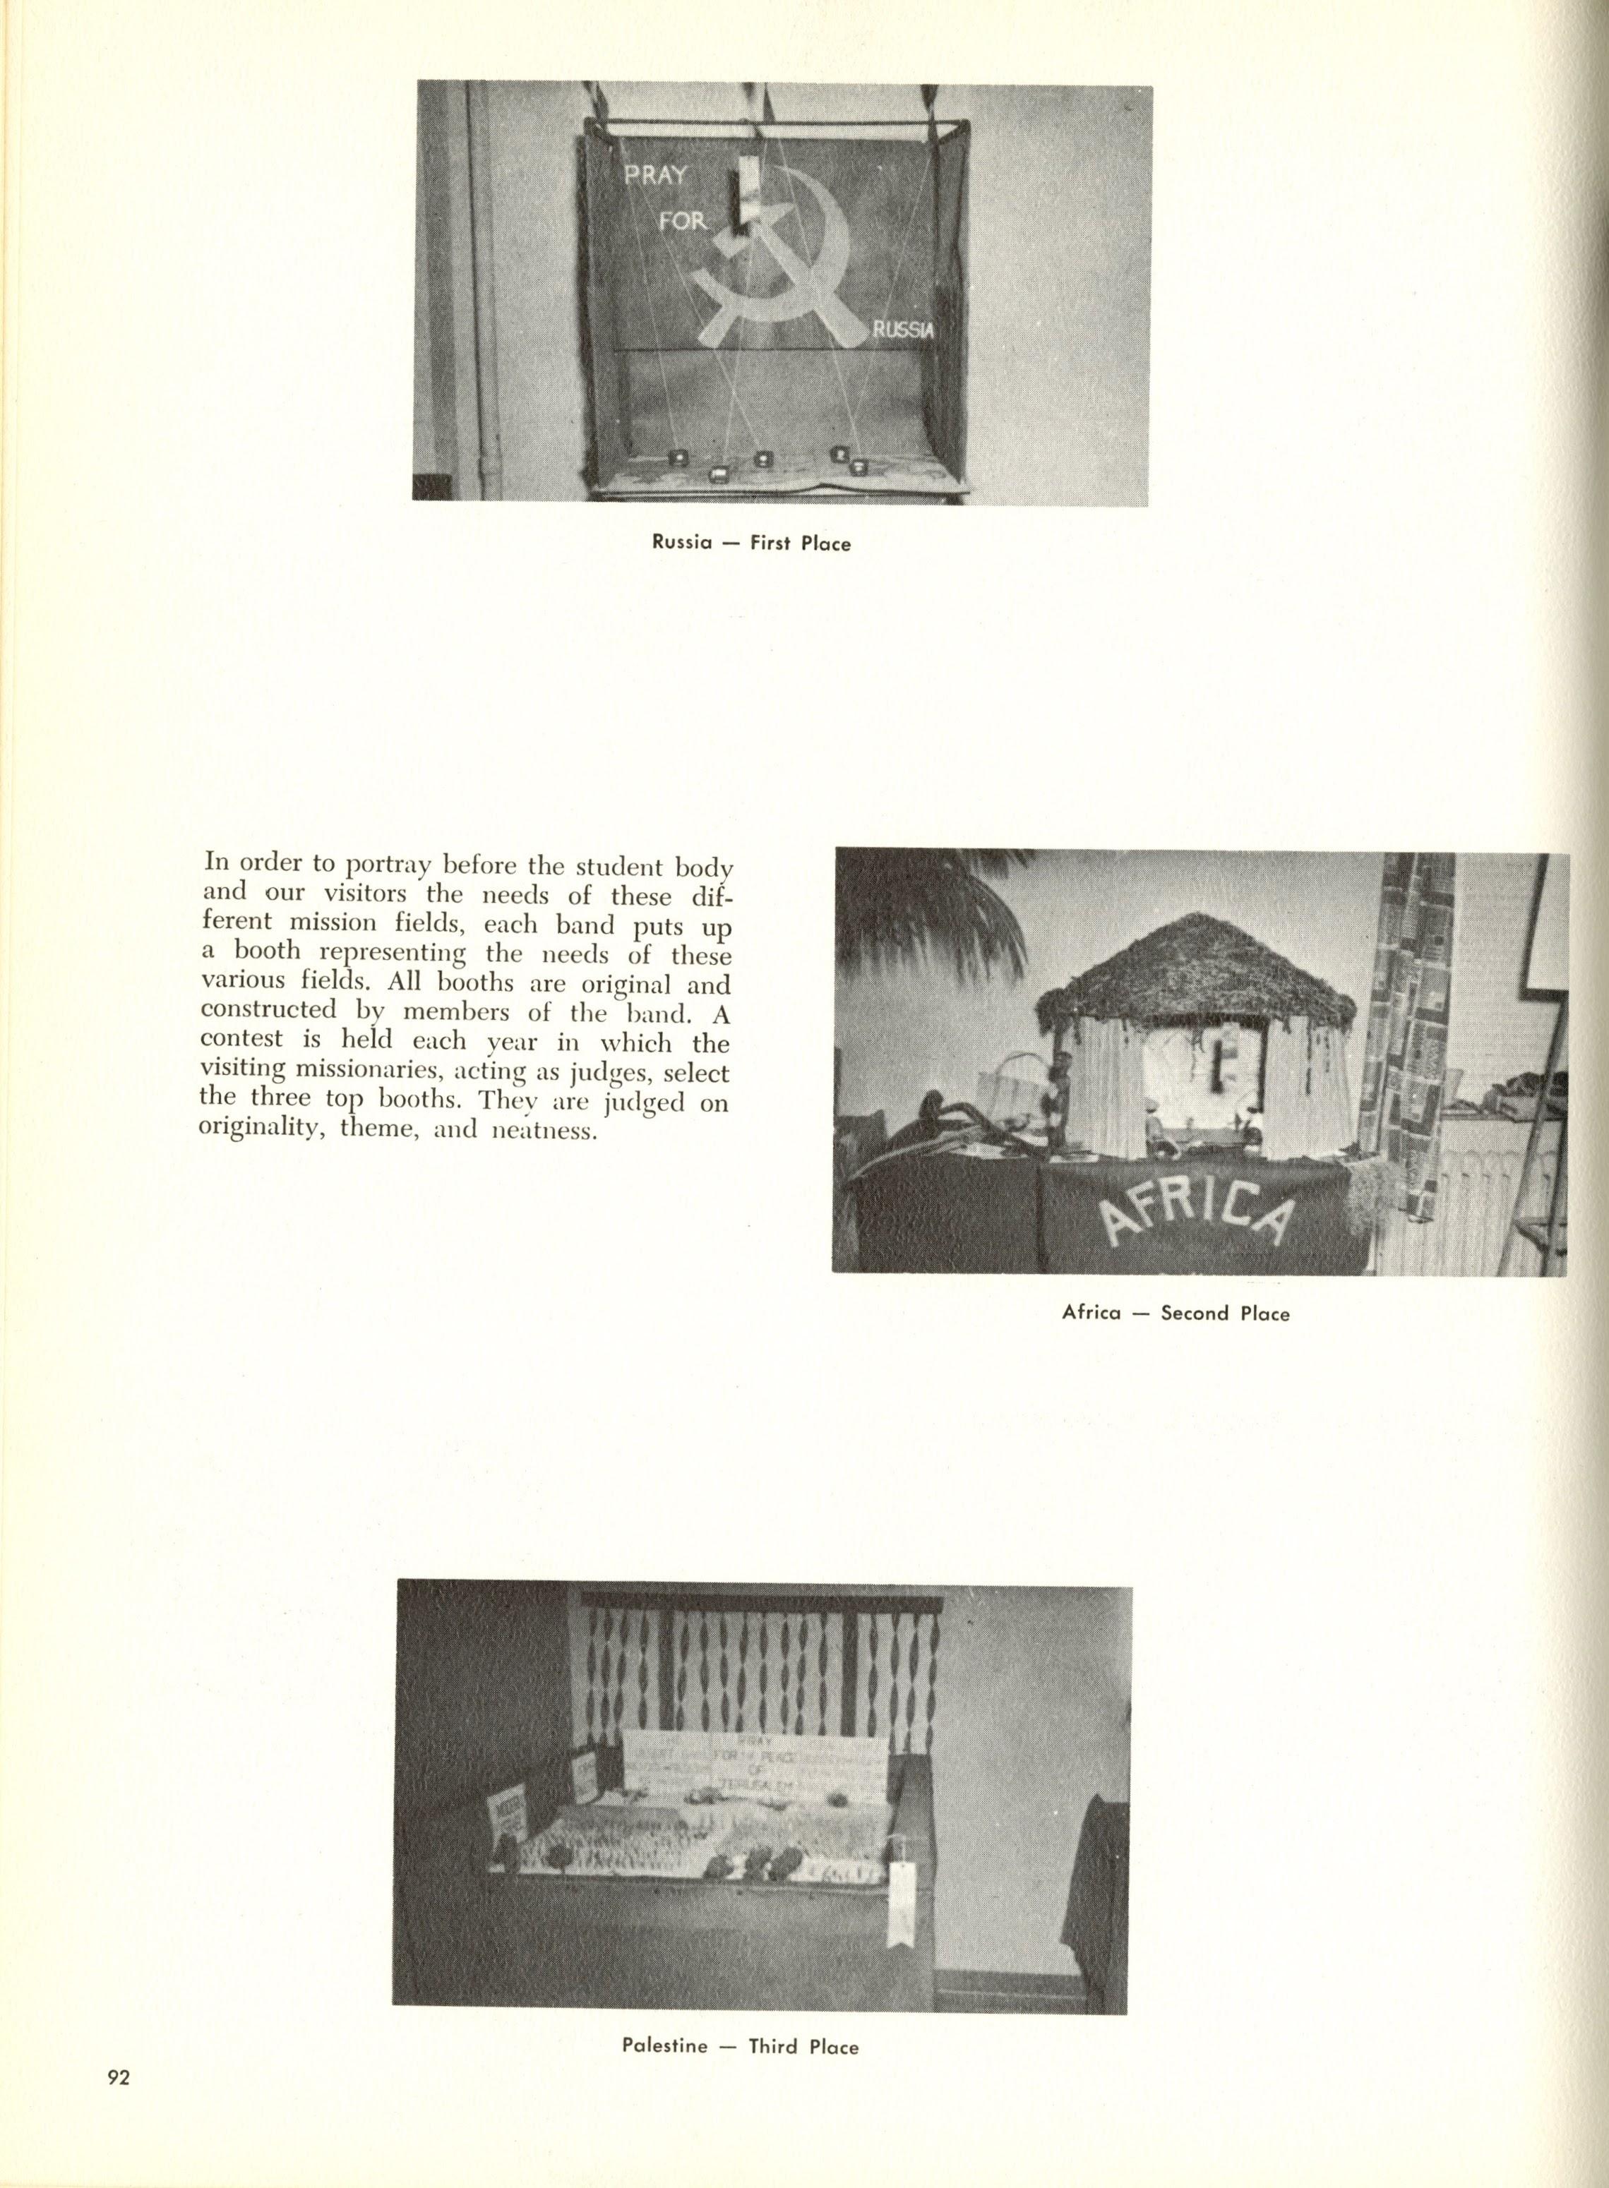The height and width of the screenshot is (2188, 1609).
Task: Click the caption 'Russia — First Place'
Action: pos(752,543)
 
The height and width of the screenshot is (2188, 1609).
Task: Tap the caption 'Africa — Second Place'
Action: pos(1176,1314)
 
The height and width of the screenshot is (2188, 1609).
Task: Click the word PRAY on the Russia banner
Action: pos(657,175)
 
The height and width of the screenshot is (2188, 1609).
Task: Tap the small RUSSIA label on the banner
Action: pos(903,331)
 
